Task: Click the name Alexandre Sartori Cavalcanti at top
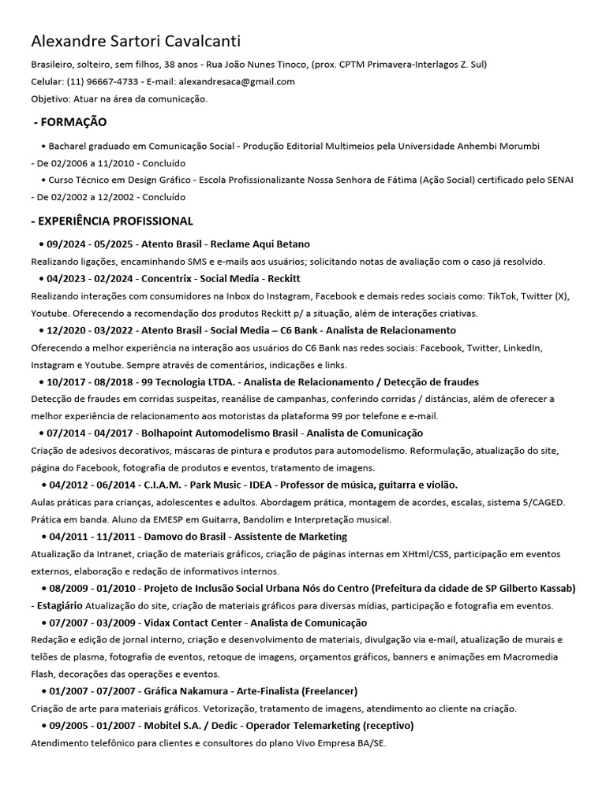pos(136,42)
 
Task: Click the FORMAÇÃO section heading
pos(72,122)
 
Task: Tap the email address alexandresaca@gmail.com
pos(237,81)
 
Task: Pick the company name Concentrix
pos(167,279)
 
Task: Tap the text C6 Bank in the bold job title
pos(291,330)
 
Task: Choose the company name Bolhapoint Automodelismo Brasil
pos(219,433)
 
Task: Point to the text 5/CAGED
pos(544,502)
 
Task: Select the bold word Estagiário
pos(59,606)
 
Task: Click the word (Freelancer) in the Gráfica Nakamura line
pos(329,691)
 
